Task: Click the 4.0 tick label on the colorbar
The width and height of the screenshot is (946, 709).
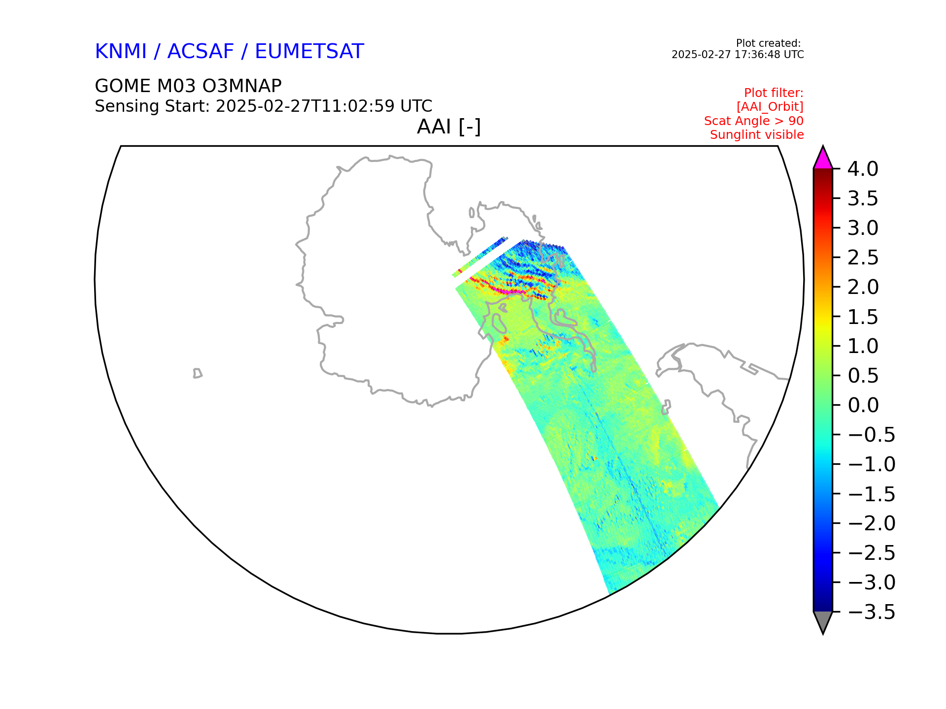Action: (x=863, y=169)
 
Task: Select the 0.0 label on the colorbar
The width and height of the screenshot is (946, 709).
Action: (x=863, y=405)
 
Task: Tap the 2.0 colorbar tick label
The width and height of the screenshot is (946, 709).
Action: (x=863, y=287)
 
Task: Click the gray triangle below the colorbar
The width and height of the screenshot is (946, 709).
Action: (x=823, y=621)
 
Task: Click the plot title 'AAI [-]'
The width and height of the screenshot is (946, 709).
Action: (x=449, y=127)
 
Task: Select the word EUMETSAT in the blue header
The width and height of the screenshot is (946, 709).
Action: (x=309, y=51)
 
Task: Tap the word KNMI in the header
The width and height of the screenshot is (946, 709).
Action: (x=121, y=51)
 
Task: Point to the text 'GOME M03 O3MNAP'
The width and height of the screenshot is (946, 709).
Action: (x=188, y=86)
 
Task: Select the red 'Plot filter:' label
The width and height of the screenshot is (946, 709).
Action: (x=774, y=93)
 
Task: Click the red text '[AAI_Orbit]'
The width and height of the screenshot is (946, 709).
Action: (x=770, y=107)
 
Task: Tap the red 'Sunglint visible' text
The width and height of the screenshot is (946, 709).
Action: (x=757, y=135)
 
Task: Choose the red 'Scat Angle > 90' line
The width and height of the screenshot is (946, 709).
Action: (x=754, y=121)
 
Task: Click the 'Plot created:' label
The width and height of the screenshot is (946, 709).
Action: (x=769, y=43)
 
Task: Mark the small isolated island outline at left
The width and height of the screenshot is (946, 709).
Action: (x=198, y=373)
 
